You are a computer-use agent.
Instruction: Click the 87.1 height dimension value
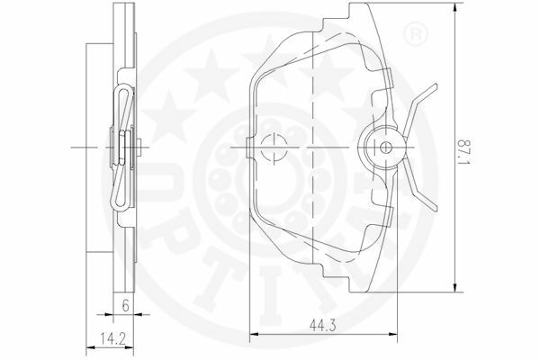[x=463, y=152]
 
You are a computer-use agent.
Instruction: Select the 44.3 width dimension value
[x=322, y=325]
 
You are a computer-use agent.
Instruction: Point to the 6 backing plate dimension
[x=126, y=305]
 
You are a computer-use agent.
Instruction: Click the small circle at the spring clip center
[x=385, y=148]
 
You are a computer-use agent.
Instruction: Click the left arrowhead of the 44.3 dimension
[x=254, y=334]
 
